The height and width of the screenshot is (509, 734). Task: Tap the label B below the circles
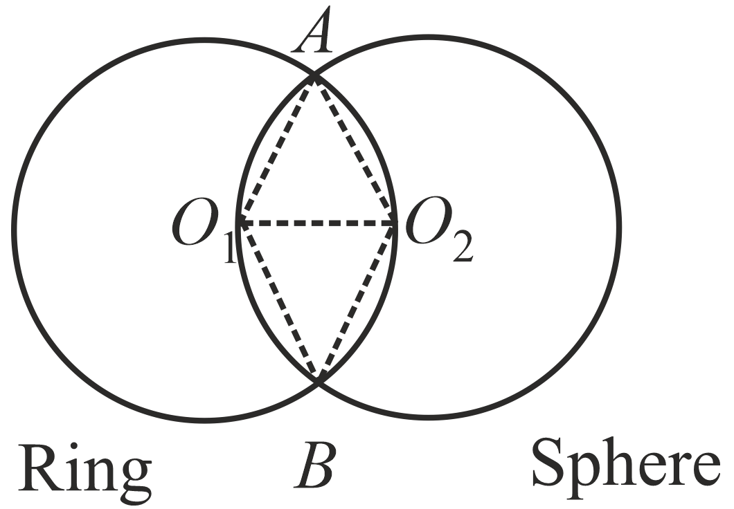[x=316, y=468]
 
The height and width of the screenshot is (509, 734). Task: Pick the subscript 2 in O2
[x=460, y=248]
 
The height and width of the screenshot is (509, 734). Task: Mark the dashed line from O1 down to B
[x=278, y=302]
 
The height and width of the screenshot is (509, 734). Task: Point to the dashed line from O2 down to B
[x=357, y=302]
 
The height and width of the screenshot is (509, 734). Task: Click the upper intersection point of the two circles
[x=314, y=76]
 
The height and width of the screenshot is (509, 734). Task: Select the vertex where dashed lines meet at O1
[x=240, y=223]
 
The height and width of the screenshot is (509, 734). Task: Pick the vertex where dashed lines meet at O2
[x=395, y=223]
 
